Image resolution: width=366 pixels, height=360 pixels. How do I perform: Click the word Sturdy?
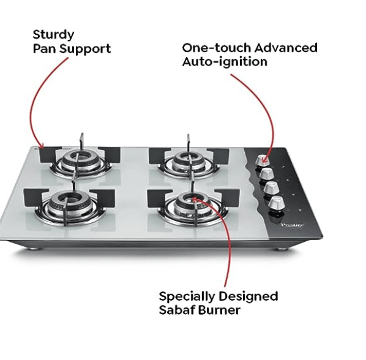[x=54, y=34]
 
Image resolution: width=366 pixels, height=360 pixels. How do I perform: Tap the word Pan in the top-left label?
[x=45, y=48]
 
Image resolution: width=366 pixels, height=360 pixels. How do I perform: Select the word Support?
[x=86, y=48]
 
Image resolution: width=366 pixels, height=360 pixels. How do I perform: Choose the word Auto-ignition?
[x=225, y=62]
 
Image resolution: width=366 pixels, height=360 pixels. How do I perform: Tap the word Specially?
[x=188, y=296]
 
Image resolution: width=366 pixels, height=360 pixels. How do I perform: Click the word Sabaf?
[x=177, y=310]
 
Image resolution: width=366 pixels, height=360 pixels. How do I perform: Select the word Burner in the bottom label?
[x=220, y=310]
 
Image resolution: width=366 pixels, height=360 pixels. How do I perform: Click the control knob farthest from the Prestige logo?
[x=263, y=160]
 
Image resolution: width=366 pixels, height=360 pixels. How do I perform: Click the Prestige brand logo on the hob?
[x=289, y=226]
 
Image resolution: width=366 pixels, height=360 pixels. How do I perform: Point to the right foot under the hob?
[x=281, y=249]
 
